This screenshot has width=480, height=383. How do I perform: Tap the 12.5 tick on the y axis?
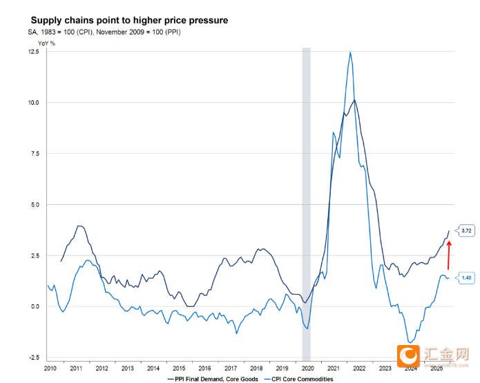[33, 52]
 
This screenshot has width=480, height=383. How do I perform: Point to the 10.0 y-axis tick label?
[33, 102]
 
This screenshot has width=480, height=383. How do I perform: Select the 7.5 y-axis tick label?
[35, 154]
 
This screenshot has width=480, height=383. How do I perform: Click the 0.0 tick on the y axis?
[35, 306]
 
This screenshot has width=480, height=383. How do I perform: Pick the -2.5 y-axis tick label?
[33, 357]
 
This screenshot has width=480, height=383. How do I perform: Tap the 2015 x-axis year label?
[179, 369]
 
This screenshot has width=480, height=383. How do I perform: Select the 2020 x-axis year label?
[307, 369]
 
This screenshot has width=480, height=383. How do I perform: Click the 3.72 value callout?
[466, 230]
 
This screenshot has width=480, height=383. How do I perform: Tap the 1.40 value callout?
[466, 278]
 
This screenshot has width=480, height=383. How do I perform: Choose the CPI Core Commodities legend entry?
[302, 379]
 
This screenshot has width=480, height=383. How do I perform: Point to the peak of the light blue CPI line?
[351, 52]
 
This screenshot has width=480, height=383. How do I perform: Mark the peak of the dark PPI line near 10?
[354, 101]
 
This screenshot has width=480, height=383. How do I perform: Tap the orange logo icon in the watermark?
[410, 356]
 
